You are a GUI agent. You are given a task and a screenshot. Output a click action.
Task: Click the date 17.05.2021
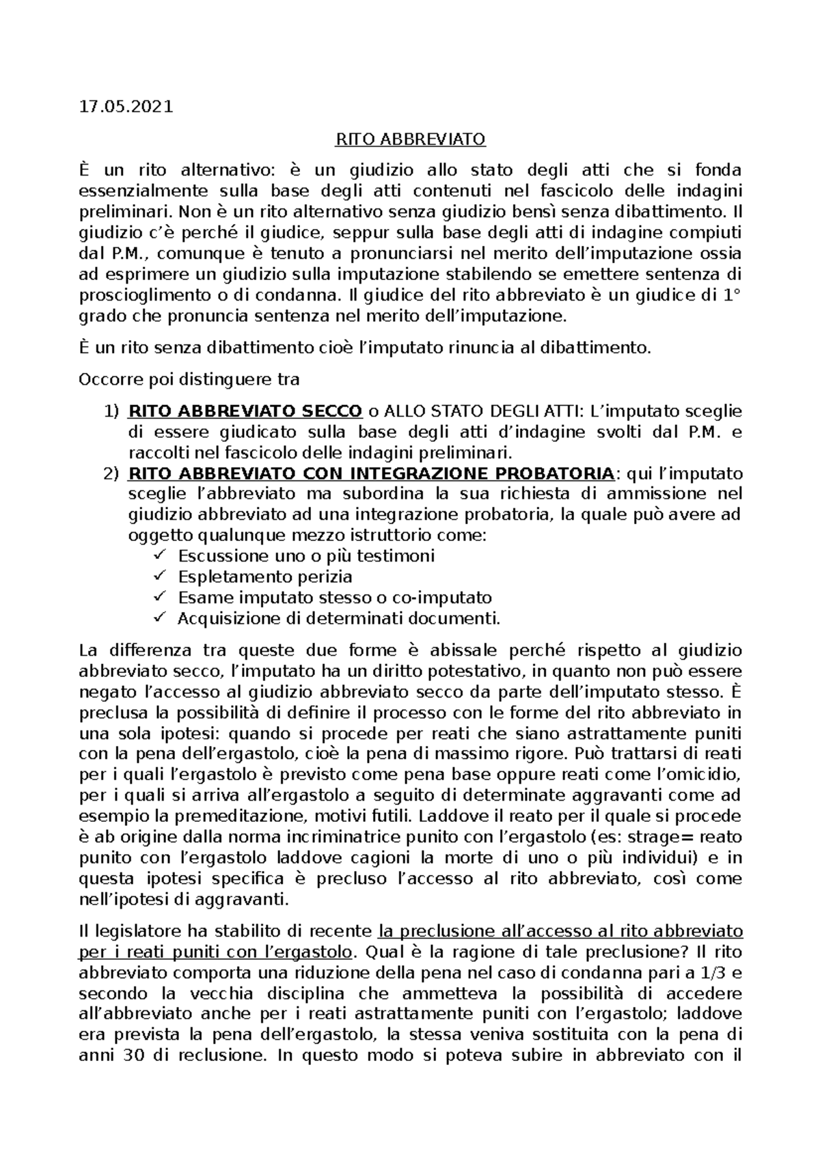pyautogui.click(x=126, y=107)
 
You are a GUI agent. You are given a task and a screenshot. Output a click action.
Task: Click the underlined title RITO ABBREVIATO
pyautogui.click(x=409, y=139)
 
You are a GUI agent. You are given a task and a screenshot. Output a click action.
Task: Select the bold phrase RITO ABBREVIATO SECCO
pyautogui.click(x=245, y=411)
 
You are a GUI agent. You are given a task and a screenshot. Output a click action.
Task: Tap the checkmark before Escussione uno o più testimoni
pyautogui.click(x=161, y=555)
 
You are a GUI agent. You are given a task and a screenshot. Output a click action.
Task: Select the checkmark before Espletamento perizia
pyautogui.click(x=161, y=576)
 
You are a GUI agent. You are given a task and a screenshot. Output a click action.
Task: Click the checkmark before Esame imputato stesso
pyautogui.click(x=161, y=597)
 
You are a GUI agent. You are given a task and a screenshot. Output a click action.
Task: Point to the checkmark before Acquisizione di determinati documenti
pyautogui.click(x=161, y=618)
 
